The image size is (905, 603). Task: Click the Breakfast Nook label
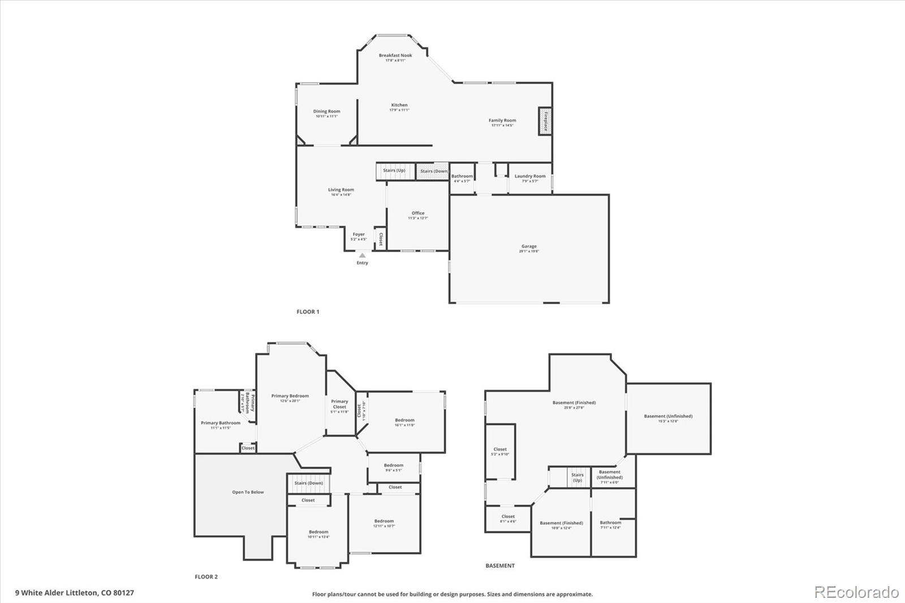point(395,55)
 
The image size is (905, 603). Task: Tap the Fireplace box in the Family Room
point(545,121)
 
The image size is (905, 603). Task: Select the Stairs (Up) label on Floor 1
point(394,170)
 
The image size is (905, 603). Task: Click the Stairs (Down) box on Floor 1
point(433,171)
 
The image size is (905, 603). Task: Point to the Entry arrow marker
point(362,256)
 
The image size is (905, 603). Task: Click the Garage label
point(529,247)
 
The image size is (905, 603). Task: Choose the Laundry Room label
point(530,176)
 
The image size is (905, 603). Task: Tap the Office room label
point(418,213)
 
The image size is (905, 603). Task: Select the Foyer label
point(359,234)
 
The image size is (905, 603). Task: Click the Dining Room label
point(327,111)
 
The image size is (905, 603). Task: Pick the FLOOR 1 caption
point(308,312)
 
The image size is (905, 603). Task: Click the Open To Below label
point(248,492)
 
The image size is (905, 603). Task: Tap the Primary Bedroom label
point(290,396)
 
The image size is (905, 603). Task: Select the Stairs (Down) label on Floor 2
point(308,483)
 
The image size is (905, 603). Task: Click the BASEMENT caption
point(500,566)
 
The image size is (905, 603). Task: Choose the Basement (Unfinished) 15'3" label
point(668,416)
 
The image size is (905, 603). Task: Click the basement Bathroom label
point(610,523)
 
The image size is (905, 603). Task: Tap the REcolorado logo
point(856,592)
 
